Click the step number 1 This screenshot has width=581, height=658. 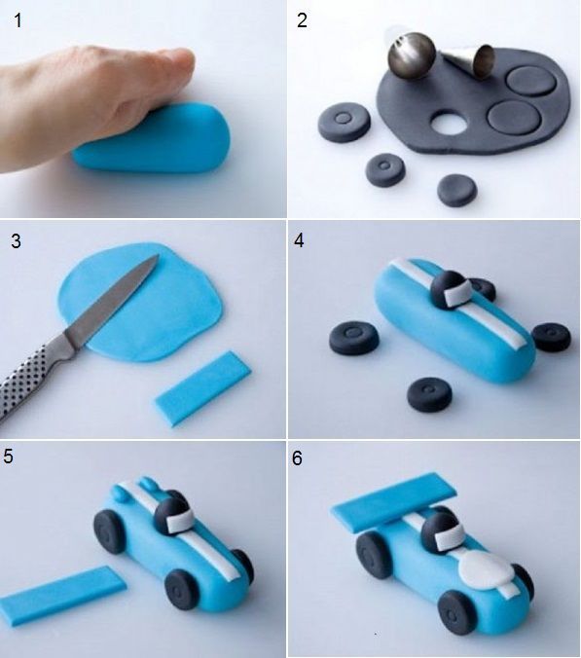[18, 20]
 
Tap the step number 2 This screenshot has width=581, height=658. [302, 20]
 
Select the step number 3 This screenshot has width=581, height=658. [16, 241]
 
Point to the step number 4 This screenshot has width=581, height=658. [299, 240]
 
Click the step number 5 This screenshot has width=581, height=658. [9, 457]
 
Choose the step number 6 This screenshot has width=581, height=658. [297, 458]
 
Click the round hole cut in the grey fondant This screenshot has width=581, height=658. [449, 123]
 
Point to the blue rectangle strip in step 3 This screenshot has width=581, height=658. [203, 388]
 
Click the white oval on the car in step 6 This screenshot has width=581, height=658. [487, 572]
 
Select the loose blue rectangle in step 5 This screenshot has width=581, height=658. [62, 596]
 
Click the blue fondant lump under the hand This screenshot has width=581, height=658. [152, 138]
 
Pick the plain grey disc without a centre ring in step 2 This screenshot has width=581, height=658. [456, 190]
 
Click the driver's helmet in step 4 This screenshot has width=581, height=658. [450, 289]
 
